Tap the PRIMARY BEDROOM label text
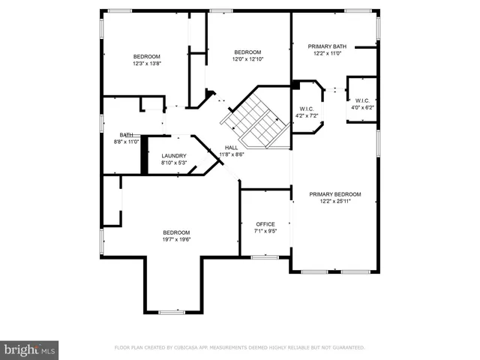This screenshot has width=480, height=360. [x=335, y=194]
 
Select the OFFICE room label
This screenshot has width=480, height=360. [x=265, y=224]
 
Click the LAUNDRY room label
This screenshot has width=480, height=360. [x=173, y=155]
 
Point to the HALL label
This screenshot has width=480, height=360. [x=232, y=148]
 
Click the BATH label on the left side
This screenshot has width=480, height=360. [x=126, y=135]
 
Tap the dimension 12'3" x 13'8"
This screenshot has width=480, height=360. [x=147, y=64]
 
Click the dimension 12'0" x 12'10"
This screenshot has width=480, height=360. [x=247, y=59]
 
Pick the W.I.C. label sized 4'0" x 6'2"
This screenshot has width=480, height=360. [x=361, y=107]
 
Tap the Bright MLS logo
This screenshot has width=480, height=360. [x=30, y=349]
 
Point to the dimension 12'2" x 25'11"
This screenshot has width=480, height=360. [x=335, y=201]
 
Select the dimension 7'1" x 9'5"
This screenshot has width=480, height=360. [x=265, y=231]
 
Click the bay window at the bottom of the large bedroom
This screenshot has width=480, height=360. [x=171, y=311]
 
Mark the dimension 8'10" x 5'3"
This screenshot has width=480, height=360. [x=173, y=162]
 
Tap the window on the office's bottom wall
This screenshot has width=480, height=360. [x=265, y=257]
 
